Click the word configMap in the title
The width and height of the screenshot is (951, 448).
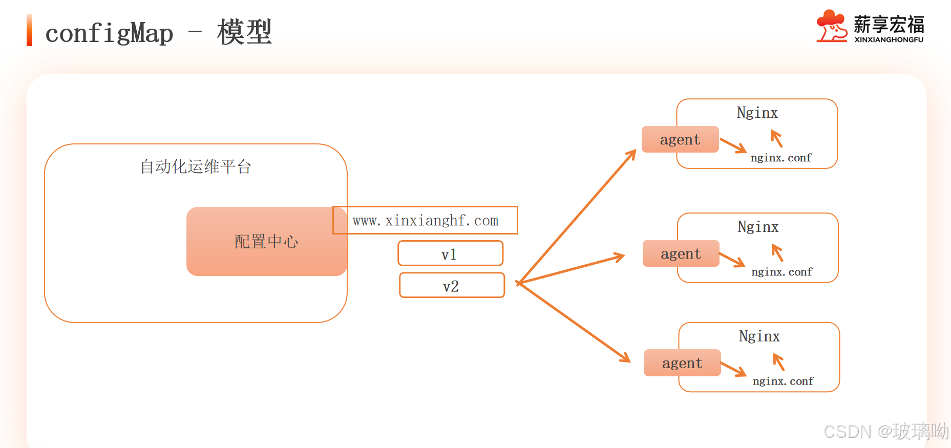point(109,33)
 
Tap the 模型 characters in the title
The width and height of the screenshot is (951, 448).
point(244,32)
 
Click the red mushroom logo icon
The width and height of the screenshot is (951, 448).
point(831,26)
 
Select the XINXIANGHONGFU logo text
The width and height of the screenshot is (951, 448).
point(889,39)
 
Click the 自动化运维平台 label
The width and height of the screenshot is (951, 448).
point(196,166)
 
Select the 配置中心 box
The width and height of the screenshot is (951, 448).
point(266,241)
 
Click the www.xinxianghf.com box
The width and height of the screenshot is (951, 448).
point(425,220)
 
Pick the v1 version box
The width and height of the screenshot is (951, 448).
point(450,253)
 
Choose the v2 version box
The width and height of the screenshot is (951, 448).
point(452,285)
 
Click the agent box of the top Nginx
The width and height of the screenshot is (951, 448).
point(680,139)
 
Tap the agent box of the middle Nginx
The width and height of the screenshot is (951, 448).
point(681,253)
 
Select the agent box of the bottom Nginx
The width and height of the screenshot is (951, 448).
point(682,363)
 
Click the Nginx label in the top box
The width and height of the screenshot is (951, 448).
point(757,113)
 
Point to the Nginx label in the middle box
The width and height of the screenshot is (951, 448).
point(758,227)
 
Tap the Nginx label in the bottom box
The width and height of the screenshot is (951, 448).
point(759,336)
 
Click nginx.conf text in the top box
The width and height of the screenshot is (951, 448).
point(781,158)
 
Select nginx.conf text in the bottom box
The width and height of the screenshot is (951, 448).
point(783,381)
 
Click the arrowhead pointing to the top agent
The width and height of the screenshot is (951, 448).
point(632,153)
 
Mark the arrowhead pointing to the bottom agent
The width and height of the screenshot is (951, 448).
point(626,358)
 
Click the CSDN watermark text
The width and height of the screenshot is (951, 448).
point(886,431)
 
